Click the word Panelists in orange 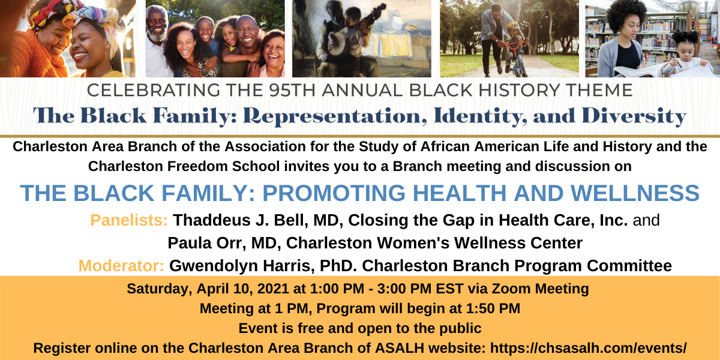[129, 220]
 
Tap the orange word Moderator [121, 266]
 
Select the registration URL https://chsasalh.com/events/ [588, 348]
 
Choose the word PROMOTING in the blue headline [334, 193]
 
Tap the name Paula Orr [206, 243]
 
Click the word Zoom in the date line [511, 289]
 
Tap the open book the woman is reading [640, 70]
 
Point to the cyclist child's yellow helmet [514, 26]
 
